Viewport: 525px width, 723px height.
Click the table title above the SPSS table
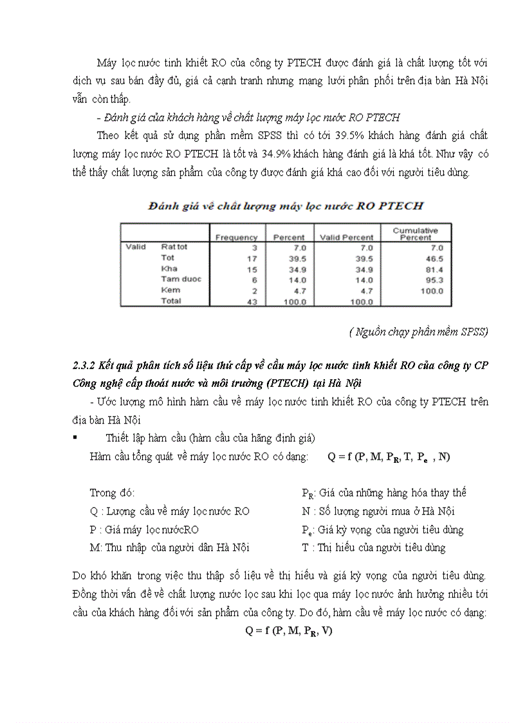(x=286, y=207)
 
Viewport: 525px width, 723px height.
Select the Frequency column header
(x=236, y=237)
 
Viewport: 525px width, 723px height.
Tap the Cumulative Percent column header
(x=416, y=234)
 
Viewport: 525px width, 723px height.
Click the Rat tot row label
(x=174, y=247)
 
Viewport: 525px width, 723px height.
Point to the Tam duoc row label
(x=181, y=279)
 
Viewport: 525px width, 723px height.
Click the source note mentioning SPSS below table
(x=419, y=332)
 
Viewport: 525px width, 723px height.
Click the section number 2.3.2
(x=84, y=366)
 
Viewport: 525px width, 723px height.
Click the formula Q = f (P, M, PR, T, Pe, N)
(x=389, y=457)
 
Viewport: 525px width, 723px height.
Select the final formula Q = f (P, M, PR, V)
(x=289, y=631)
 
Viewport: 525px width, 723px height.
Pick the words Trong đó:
(x=113, y=493)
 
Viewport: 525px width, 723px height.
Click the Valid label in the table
(x=136, y=247)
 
